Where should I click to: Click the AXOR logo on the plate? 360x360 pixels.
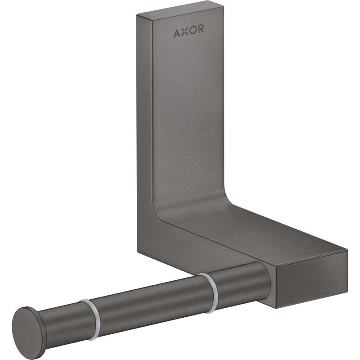[189, 31]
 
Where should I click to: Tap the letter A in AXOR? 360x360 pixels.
[177, 33]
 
